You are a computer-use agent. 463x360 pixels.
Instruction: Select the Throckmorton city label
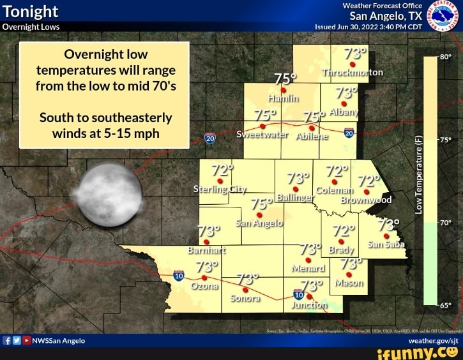pyautogui.click(x=353, y=72)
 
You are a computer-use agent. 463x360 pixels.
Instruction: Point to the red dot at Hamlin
pyautogui.click(x=283, y=91)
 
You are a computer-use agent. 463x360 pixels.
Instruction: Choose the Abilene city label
pyautogui.click(x=312, y=136)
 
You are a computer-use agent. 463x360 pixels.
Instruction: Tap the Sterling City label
pyautogui.click(x=219, y=190)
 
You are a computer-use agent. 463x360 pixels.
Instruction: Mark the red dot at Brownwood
pyautogui.click(x=367, y=190)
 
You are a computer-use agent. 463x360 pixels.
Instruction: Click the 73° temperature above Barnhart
pyautogui.click(x=209, y=230)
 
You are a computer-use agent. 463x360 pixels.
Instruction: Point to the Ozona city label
pyautogui.click(x=204, y=287)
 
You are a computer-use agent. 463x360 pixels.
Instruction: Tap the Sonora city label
pyautogui.click(x=244, y=298)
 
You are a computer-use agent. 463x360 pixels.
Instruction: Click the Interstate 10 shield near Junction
pyautogui.click(x=298, y=294)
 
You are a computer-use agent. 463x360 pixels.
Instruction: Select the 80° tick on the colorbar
pyautogui.click(x=445, y=56)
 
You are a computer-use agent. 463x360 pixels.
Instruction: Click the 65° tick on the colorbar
pyautogui.click(x=445, y=305)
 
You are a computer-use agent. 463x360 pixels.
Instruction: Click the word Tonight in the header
pyautogui.click(x=31, y=11)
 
